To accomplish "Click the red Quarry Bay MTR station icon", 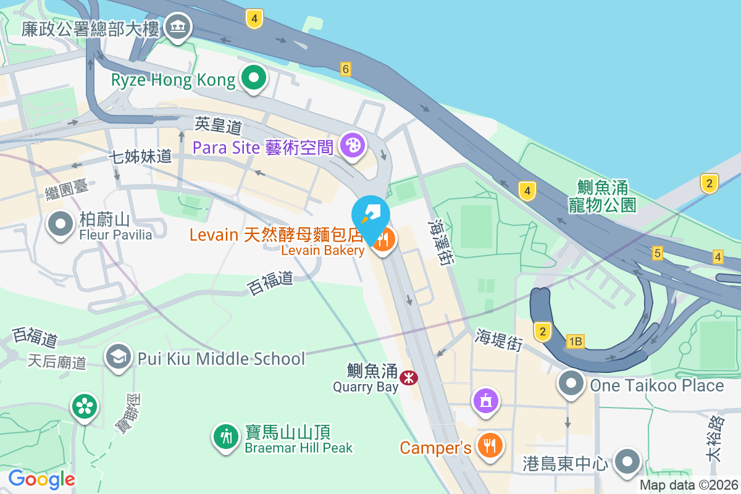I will tap(408, 377).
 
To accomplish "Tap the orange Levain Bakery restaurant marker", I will tap(383, 241).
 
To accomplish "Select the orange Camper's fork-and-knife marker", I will tap(490, 446).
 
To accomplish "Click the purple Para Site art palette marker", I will tap(353, 146).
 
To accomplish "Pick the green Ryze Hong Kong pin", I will tap(254, 78).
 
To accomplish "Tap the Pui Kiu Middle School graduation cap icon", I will tap(117, 357).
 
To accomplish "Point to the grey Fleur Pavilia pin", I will tap(61, 224).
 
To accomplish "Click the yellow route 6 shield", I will tap(346, 69).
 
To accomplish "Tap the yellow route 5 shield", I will tap(657, 253).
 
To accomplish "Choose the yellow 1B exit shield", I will tap(576, 341).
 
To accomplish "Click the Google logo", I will tap(41, 479).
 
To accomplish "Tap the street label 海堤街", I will tap(498, 340).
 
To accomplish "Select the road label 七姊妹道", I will tap(140, 156).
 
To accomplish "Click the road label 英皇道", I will tap(218, 126).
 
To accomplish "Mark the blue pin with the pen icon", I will tap(371, 216).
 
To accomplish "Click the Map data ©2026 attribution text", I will tap(689, 485).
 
